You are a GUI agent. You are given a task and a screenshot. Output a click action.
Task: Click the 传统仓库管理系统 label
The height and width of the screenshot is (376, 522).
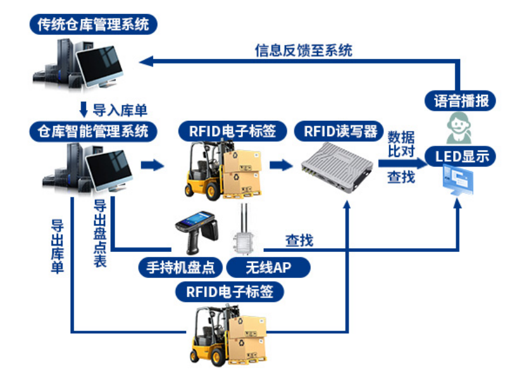(93, 25)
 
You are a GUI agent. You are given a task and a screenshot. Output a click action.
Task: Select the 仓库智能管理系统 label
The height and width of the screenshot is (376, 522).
(93, 131)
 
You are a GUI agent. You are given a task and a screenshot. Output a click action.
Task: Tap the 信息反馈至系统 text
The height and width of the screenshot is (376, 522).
(303, 50)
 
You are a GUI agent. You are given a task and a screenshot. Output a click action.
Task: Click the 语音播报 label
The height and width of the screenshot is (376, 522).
(460, 100)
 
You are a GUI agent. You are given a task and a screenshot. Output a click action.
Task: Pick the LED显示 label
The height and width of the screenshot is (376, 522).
(461, 156)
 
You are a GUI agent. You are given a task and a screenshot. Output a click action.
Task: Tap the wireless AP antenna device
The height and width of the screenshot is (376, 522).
(243, 232)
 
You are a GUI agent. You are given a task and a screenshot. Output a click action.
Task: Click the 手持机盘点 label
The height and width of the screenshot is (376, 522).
(181, 267)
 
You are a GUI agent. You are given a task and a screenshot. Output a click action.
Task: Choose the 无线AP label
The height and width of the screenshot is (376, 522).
(268, 267)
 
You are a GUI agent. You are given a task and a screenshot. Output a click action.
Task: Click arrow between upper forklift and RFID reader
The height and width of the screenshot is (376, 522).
(278, 165)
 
